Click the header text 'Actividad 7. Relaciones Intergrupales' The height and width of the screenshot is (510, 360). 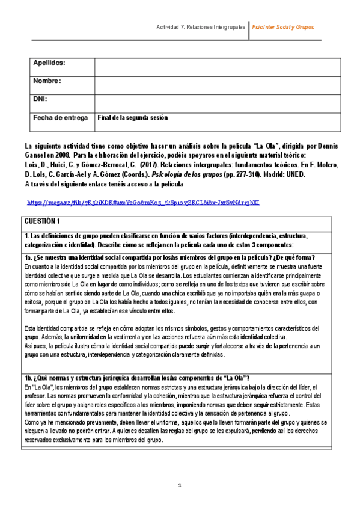tap(200, 28)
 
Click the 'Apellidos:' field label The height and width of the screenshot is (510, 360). tap(49, 63)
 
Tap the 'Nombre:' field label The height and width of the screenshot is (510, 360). tap(47, 81)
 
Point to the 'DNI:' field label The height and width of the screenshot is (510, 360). tap(41, 99)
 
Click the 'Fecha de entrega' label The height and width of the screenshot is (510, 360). tap(60, 118)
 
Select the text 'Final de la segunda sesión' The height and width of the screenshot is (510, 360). tap(132, 118)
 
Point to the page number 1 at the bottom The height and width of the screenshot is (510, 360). tap(179, 485)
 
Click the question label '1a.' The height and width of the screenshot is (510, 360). tap(31, 258)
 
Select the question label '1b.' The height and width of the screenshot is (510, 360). tap(31, 378)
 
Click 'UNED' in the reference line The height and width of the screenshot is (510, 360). tap(297, 174)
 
